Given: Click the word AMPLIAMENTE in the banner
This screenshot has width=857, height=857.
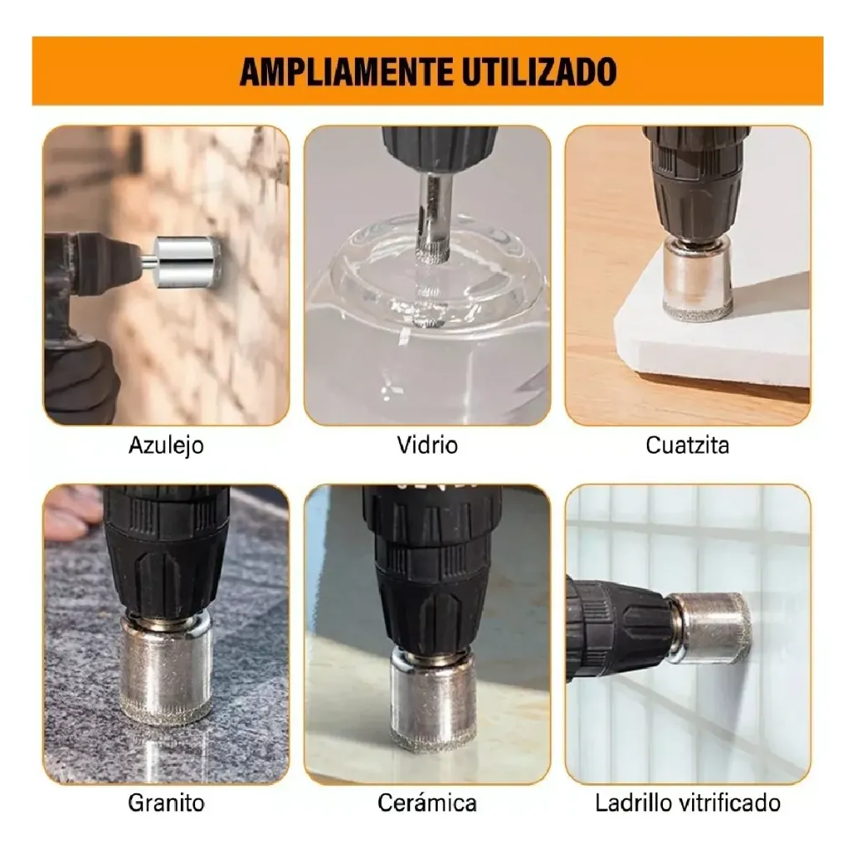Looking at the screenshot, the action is [x=346, y=72].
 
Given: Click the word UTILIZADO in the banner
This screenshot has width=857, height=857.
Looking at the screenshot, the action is [x=540, y=72].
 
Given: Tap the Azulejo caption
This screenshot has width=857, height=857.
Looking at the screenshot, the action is [x=167, y=445].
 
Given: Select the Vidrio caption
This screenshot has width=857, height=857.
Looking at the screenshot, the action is [x=428, y=445].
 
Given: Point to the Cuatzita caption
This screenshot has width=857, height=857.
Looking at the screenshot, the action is [x=688, y=445].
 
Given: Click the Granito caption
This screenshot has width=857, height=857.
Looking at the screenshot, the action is [x=167, y=803].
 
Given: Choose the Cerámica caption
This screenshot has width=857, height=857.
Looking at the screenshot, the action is [x=427, y=803].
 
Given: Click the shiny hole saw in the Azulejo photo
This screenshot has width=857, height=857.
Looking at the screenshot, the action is [x=186, y=261].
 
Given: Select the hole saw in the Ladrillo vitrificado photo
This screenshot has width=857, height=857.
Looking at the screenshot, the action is [x=711, y=628].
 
